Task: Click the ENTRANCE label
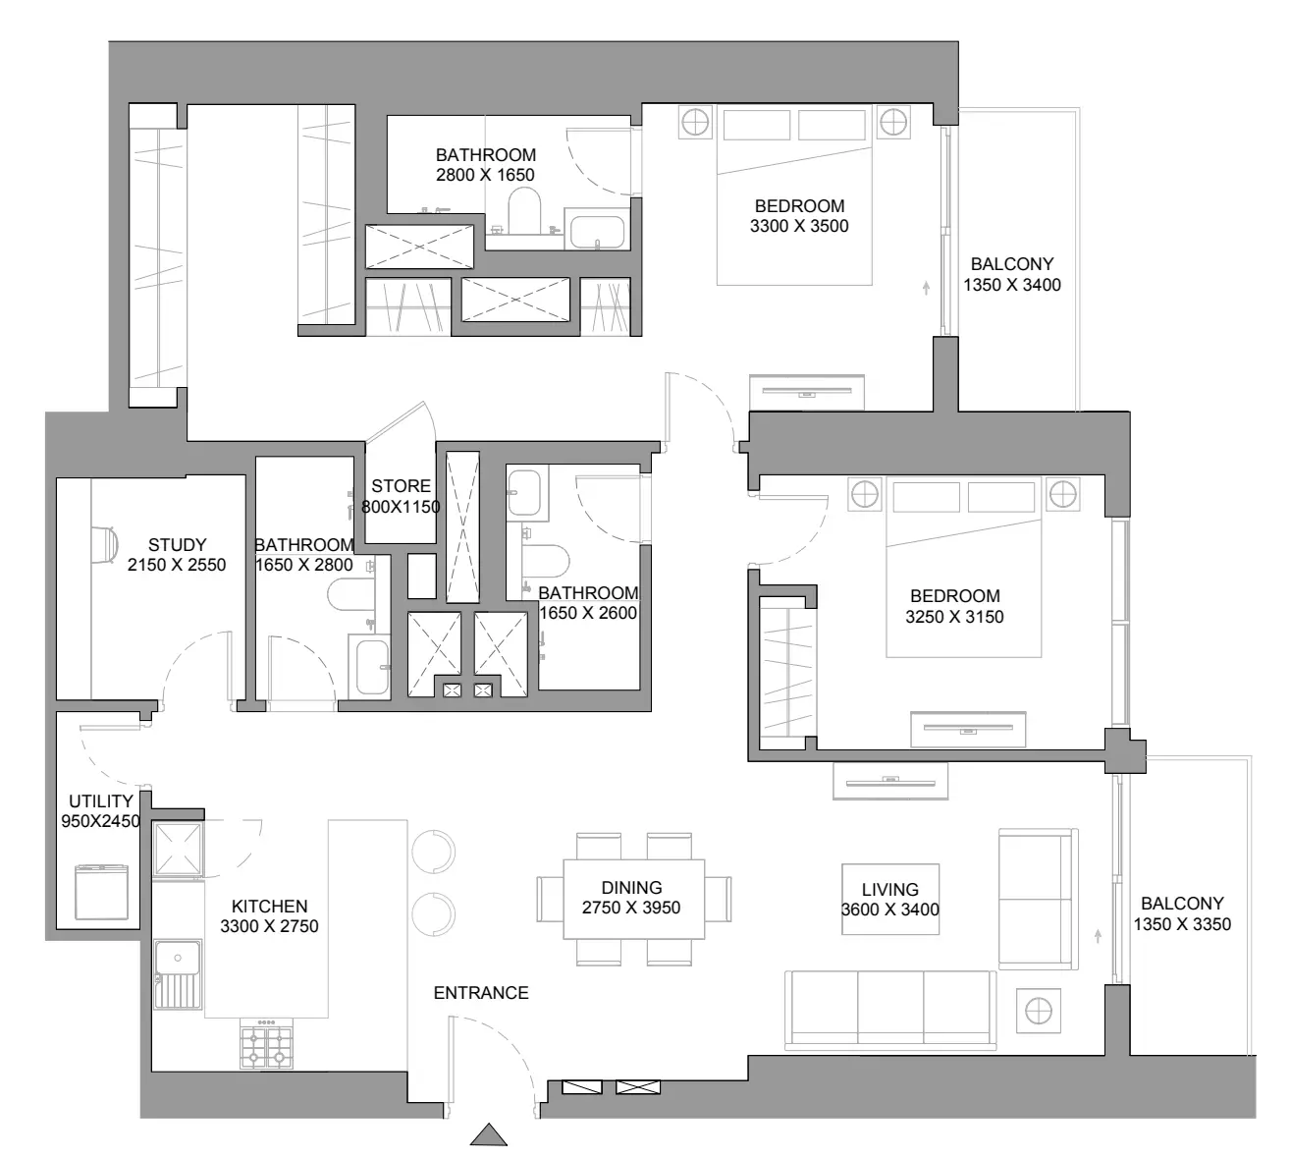(x=481, y=992)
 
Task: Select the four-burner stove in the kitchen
(x=267, y=1043)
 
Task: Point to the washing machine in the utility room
(x=102, y=892)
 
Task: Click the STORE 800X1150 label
(x=401, y=496)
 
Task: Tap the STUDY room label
(x=177, y=544)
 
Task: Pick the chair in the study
(x=106, y=545)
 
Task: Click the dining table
(x=633, y=899)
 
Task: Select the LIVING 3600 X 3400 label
(x=890, y=899)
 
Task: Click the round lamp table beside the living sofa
(x=1039, y=1011)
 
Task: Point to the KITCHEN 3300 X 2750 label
(x=269, y=915)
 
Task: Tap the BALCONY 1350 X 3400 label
(x=1012, y=274)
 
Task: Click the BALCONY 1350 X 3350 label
(x=1182, y=913)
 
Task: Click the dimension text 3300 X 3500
(x=799, y=226)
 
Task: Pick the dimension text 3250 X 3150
(x=954, y=617)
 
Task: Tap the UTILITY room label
(x=100, y=800)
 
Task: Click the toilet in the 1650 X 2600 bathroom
(x=546, y=561)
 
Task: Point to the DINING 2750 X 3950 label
(x=631, y=897)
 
